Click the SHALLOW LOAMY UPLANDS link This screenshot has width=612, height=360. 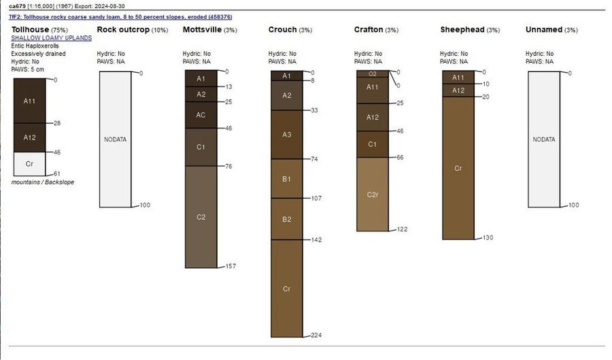[51, 38]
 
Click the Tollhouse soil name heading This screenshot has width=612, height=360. [30, 29]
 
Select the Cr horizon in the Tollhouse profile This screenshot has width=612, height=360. [29, 163]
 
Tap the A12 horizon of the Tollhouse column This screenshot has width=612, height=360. [29, 137]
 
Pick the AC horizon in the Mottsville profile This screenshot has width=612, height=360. [201, 115]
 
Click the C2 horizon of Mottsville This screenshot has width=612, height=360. [201, 217]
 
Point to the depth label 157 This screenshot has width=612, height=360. [230, 266]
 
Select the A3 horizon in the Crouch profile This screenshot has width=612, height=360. [286, 134]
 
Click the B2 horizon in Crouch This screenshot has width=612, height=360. [286, 219]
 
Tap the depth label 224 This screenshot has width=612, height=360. [316, 336]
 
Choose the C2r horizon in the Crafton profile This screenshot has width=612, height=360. [372, 195]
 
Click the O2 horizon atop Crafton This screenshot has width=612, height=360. [372, 73]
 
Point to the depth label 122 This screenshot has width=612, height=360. [401, 229]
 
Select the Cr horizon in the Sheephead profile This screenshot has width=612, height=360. [458, 168]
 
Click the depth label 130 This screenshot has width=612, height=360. [487, 238]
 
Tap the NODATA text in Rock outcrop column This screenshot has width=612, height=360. [115, 140]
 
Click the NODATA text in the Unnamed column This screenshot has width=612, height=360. [543, 140]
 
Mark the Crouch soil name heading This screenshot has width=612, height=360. [282, 29]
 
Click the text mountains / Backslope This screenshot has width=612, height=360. [43, 182]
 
